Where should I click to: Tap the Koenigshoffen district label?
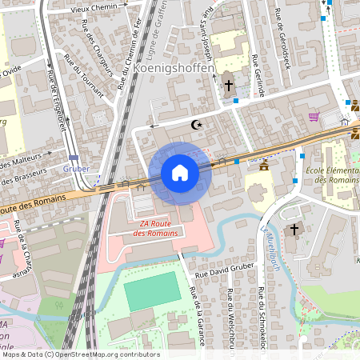(174, 70)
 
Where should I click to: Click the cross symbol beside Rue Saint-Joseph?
(228, 85)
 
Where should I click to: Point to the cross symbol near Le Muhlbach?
(294, 230)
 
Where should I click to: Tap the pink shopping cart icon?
(314, 117)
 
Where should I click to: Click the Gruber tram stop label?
(75, 169)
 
